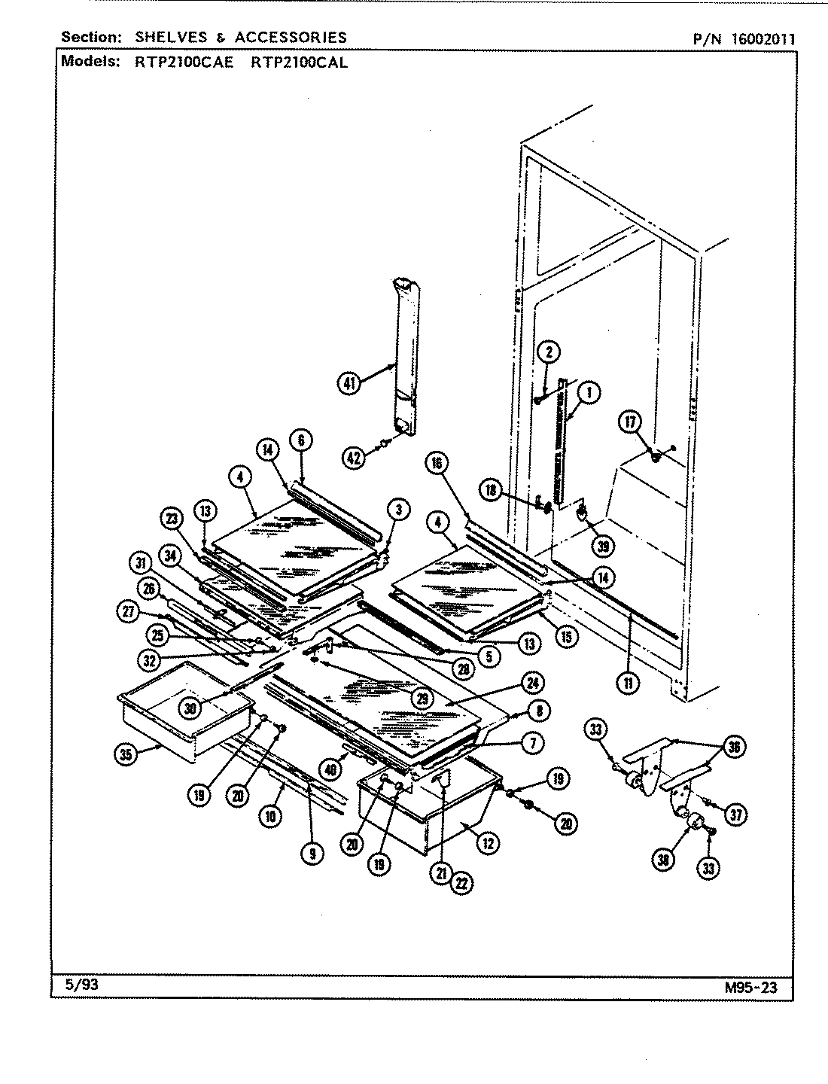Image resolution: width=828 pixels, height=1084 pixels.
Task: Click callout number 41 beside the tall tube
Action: pyautogui.click(x=349, y=383)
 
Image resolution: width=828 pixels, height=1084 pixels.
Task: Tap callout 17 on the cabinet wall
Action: pyautogui.click(x=629, y=422)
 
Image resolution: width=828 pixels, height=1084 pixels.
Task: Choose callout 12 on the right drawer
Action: pyautogui.click(x=487, y=844)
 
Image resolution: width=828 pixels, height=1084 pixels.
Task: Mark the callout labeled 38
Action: pyautogui.click(x=662, y=860)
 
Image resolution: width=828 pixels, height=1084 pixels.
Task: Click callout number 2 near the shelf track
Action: pyautogui.click(x=549, y=352)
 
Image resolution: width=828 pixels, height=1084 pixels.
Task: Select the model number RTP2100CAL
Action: pyautogui.click(x=299, y=62)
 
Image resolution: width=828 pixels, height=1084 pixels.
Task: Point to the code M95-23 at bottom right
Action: pyautogui.click(x=750, y=988)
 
